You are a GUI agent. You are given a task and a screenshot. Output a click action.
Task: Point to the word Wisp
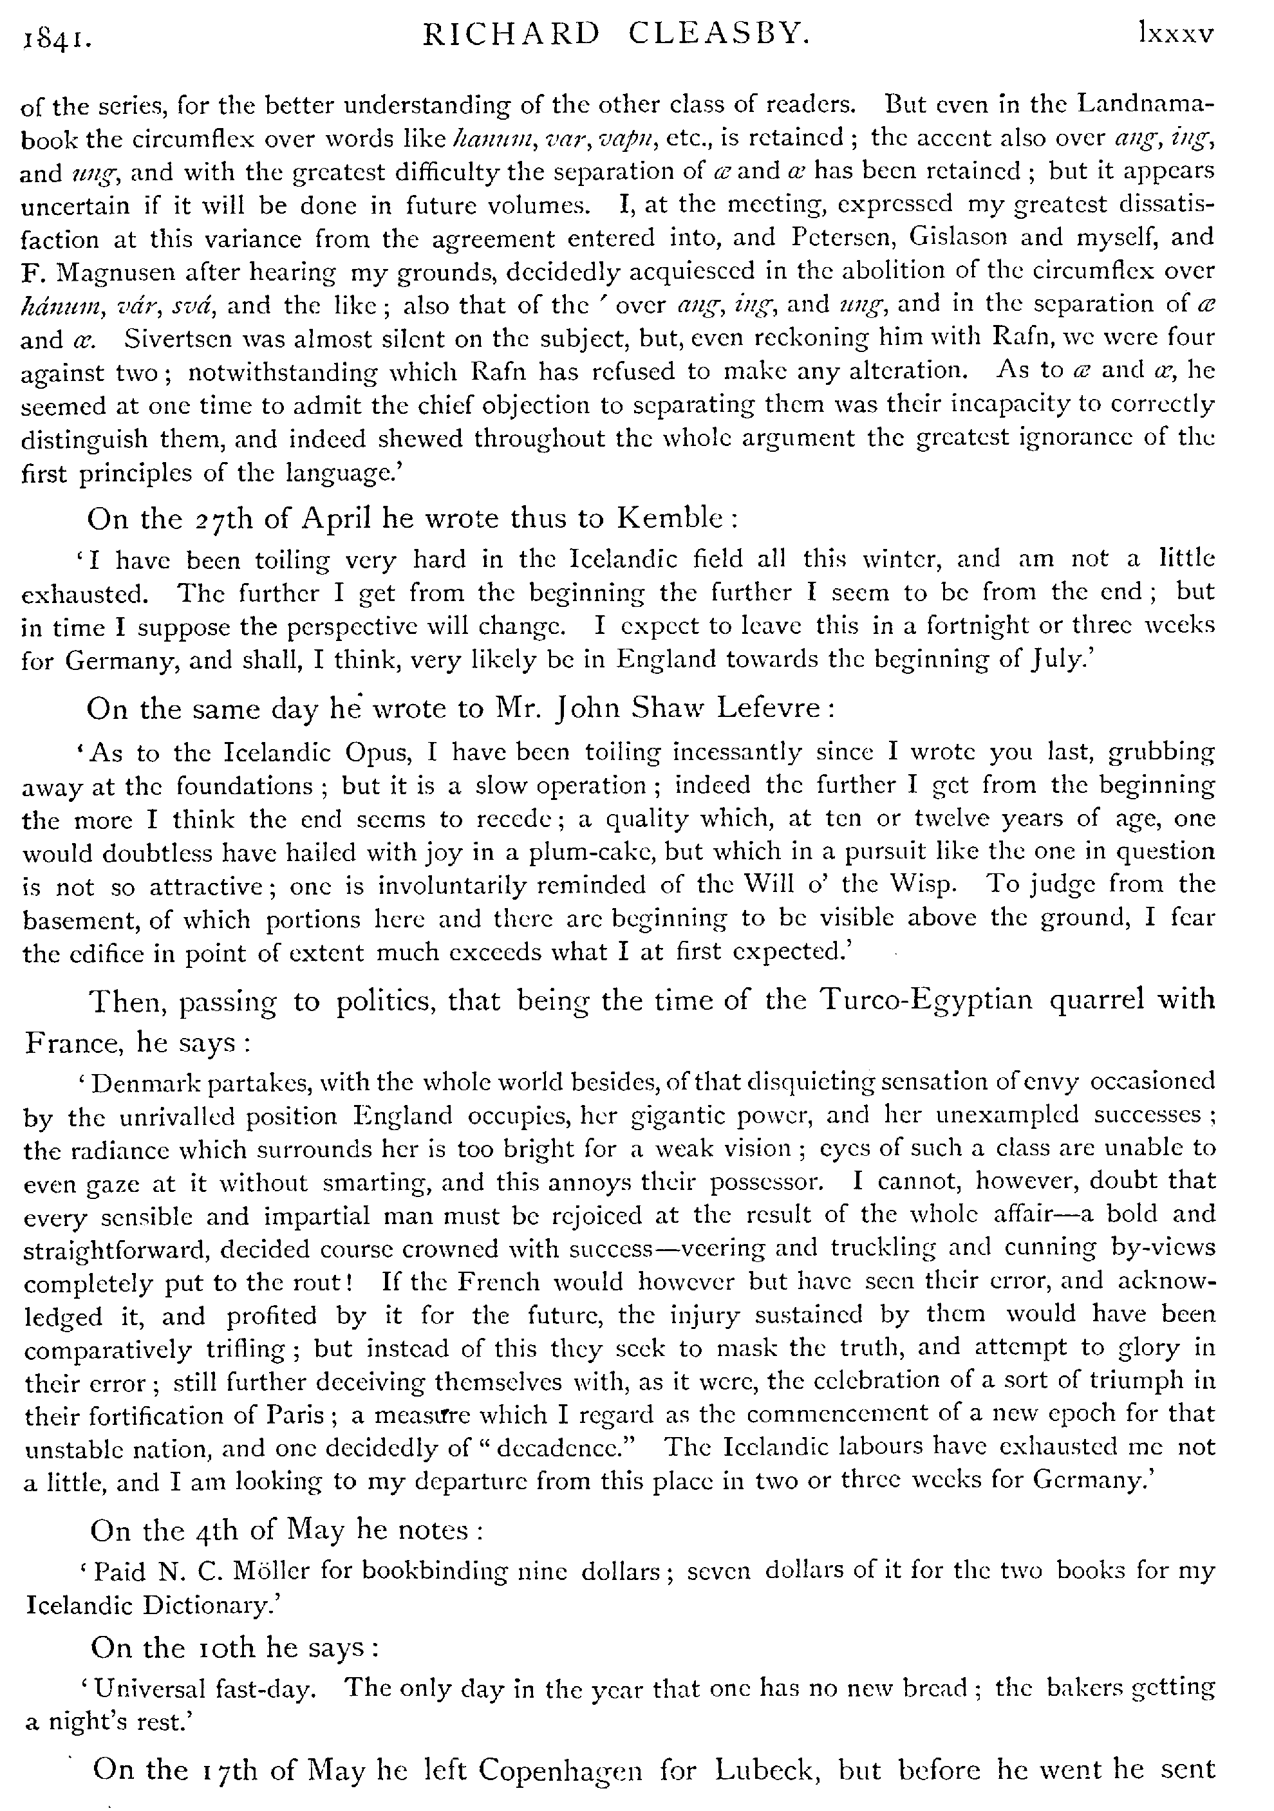930,884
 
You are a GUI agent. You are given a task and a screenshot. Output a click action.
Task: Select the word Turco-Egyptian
927,1000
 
